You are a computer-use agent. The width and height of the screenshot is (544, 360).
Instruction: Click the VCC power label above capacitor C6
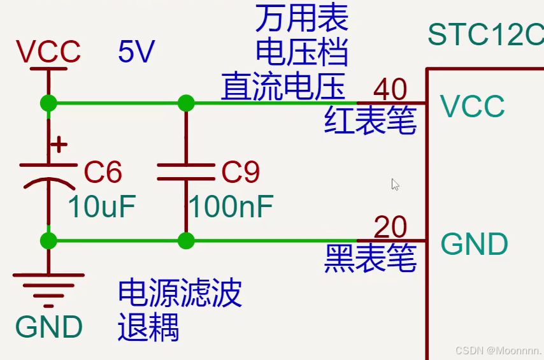[48, 52]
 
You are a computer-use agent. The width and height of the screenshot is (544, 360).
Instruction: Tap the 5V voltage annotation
[136, 52]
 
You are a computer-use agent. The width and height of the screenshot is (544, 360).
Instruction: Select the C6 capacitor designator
[103, 172]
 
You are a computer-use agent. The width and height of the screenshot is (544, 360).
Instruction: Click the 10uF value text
[102, 206]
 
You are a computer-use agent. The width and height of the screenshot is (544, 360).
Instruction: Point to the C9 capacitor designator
[240, 172]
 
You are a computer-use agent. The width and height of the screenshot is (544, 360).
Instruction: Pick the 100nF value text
[231, 206]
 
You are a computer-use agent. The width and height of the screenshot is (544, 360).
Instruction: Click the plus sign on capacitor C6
[59, 145]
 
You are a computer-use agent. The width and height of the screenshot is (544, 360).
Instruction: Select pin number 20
[390, 227]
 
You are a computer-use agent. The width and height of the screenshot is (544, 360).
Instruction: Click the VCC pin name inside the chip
[473, 106]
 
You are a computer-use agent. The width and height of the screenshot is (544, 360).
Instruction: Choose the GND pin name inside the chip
[475, 244]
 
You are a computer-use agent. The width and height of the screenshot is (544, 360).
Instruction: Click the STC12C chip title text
[485, 34]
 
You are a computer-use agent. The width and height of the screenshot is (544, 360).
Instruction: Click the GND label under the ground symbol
[49, 327]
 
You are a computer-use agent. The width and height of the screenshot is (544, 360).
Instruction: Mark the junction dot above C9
[186, 103]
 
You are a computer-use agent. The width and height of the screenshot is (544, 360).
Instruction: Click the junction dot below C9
[186, 241]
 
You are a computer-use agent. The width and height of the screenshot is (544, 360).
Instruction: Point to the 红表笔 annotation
[370, 120]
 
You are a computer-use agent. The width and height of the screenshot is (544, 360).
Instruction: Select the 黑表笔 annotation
[370, 259]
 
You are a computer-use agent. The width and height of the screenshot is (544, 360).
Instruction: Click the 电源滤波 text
[180, 293]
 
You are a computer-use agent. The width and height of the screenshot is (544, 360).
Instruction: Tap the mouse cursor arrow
[395, 184]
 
